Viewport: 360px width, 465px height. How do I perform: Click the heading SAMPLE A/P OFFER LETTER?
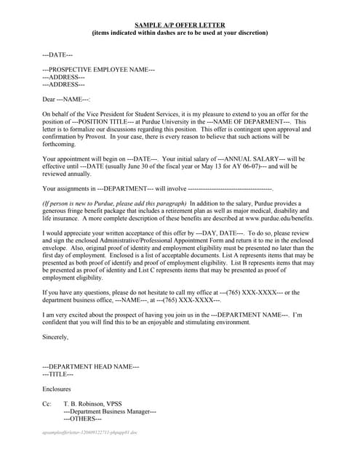[180, 25]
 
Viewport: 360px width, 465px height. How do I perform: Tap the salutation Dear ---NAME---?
[66, 100]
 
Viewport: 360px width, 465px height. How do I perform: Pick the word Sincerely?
[55, 337]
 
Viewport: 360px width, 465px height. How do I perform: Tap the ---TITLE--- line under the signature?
[58, 374]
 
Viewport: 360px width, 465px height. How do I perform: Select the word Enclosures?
[57, 389]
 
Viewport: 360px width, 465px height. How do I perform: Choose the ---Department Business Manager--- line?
[110, 411]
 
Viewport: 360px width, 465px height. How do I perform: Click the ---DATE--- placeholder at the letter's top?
[57, 54]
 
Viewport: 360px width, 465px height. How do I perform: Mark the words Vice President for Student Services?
[128, 115]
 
